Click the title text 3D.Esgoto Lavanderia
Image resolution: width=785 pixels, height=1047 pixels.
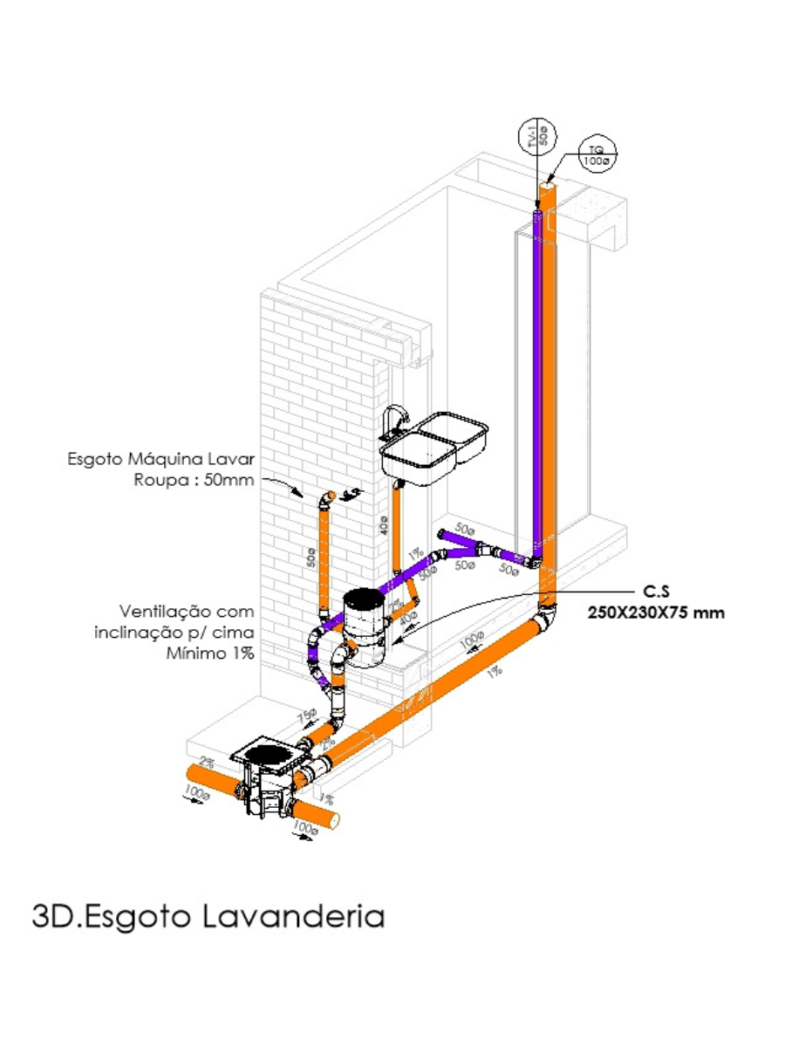(208, 916)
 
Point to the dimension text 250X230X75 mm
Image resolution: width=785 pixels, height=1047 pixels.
(657, 612)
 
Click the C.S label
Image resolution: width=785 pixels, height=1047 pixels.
(644, 591)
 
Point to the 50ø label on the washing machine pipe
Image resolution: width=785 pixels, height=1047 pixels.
(311, 557)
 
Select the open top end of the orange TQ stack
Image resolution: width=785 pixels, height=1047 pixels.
(548, 185)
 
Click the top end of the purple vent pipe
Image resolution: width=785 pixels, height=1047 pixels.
(536, 210)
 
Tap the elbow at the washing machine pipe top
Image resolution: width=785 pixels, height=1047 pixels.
(324, 499)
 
